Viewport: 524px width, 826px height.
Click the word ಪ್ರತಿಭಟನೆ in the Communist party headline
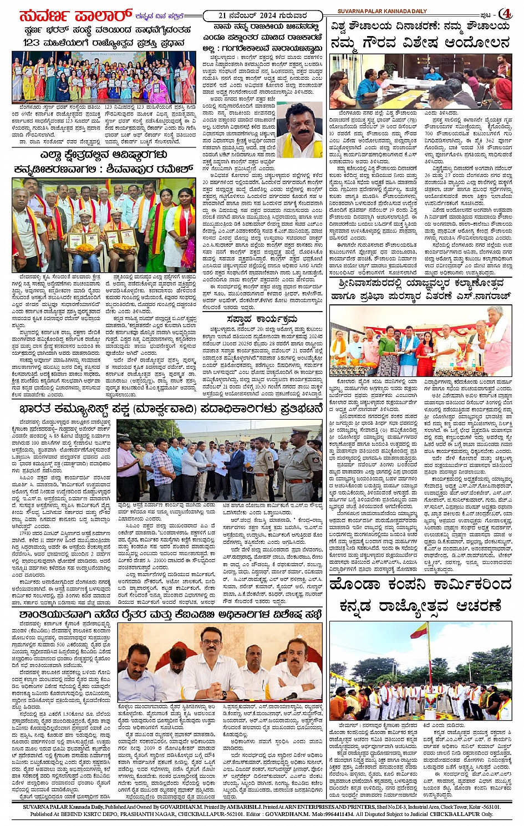point(297,410)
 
